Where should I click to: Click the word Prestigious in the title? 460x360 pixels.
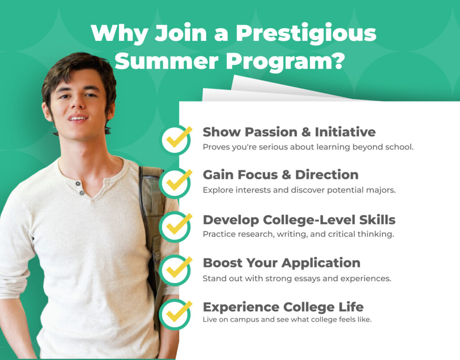(x=306, y=34)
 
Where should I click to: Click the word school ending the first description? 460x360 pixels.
(x=399, y=147)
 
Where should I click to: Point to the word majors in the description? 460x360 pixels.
(x=382, y=190)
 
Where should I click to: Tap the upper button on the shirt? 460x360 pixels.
(x=78, y=183)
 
